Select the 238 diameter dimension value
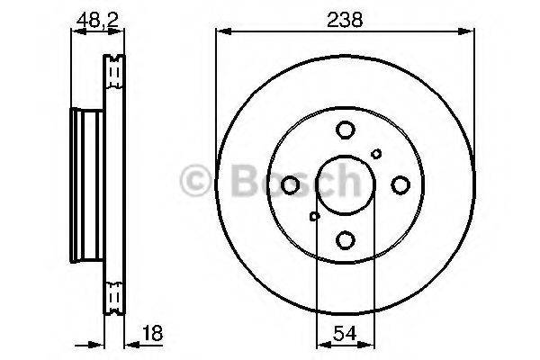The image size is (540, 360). (346, 17)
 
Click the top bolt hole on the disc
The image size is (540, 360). (345, 130)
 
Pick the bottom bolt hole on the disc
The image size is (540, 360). (345, 239)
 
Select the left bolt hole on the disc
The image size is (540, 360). (290, 185)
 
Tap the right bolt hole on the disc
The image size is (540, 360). (400, 185)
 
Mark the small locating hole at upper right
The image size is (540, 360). (376, 155)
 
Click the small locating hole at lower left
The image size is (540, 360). (314, 215)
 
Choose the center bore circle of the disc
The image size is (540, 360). (345, 185)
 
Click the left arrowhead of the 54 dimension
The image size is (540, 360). (321, 343)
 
